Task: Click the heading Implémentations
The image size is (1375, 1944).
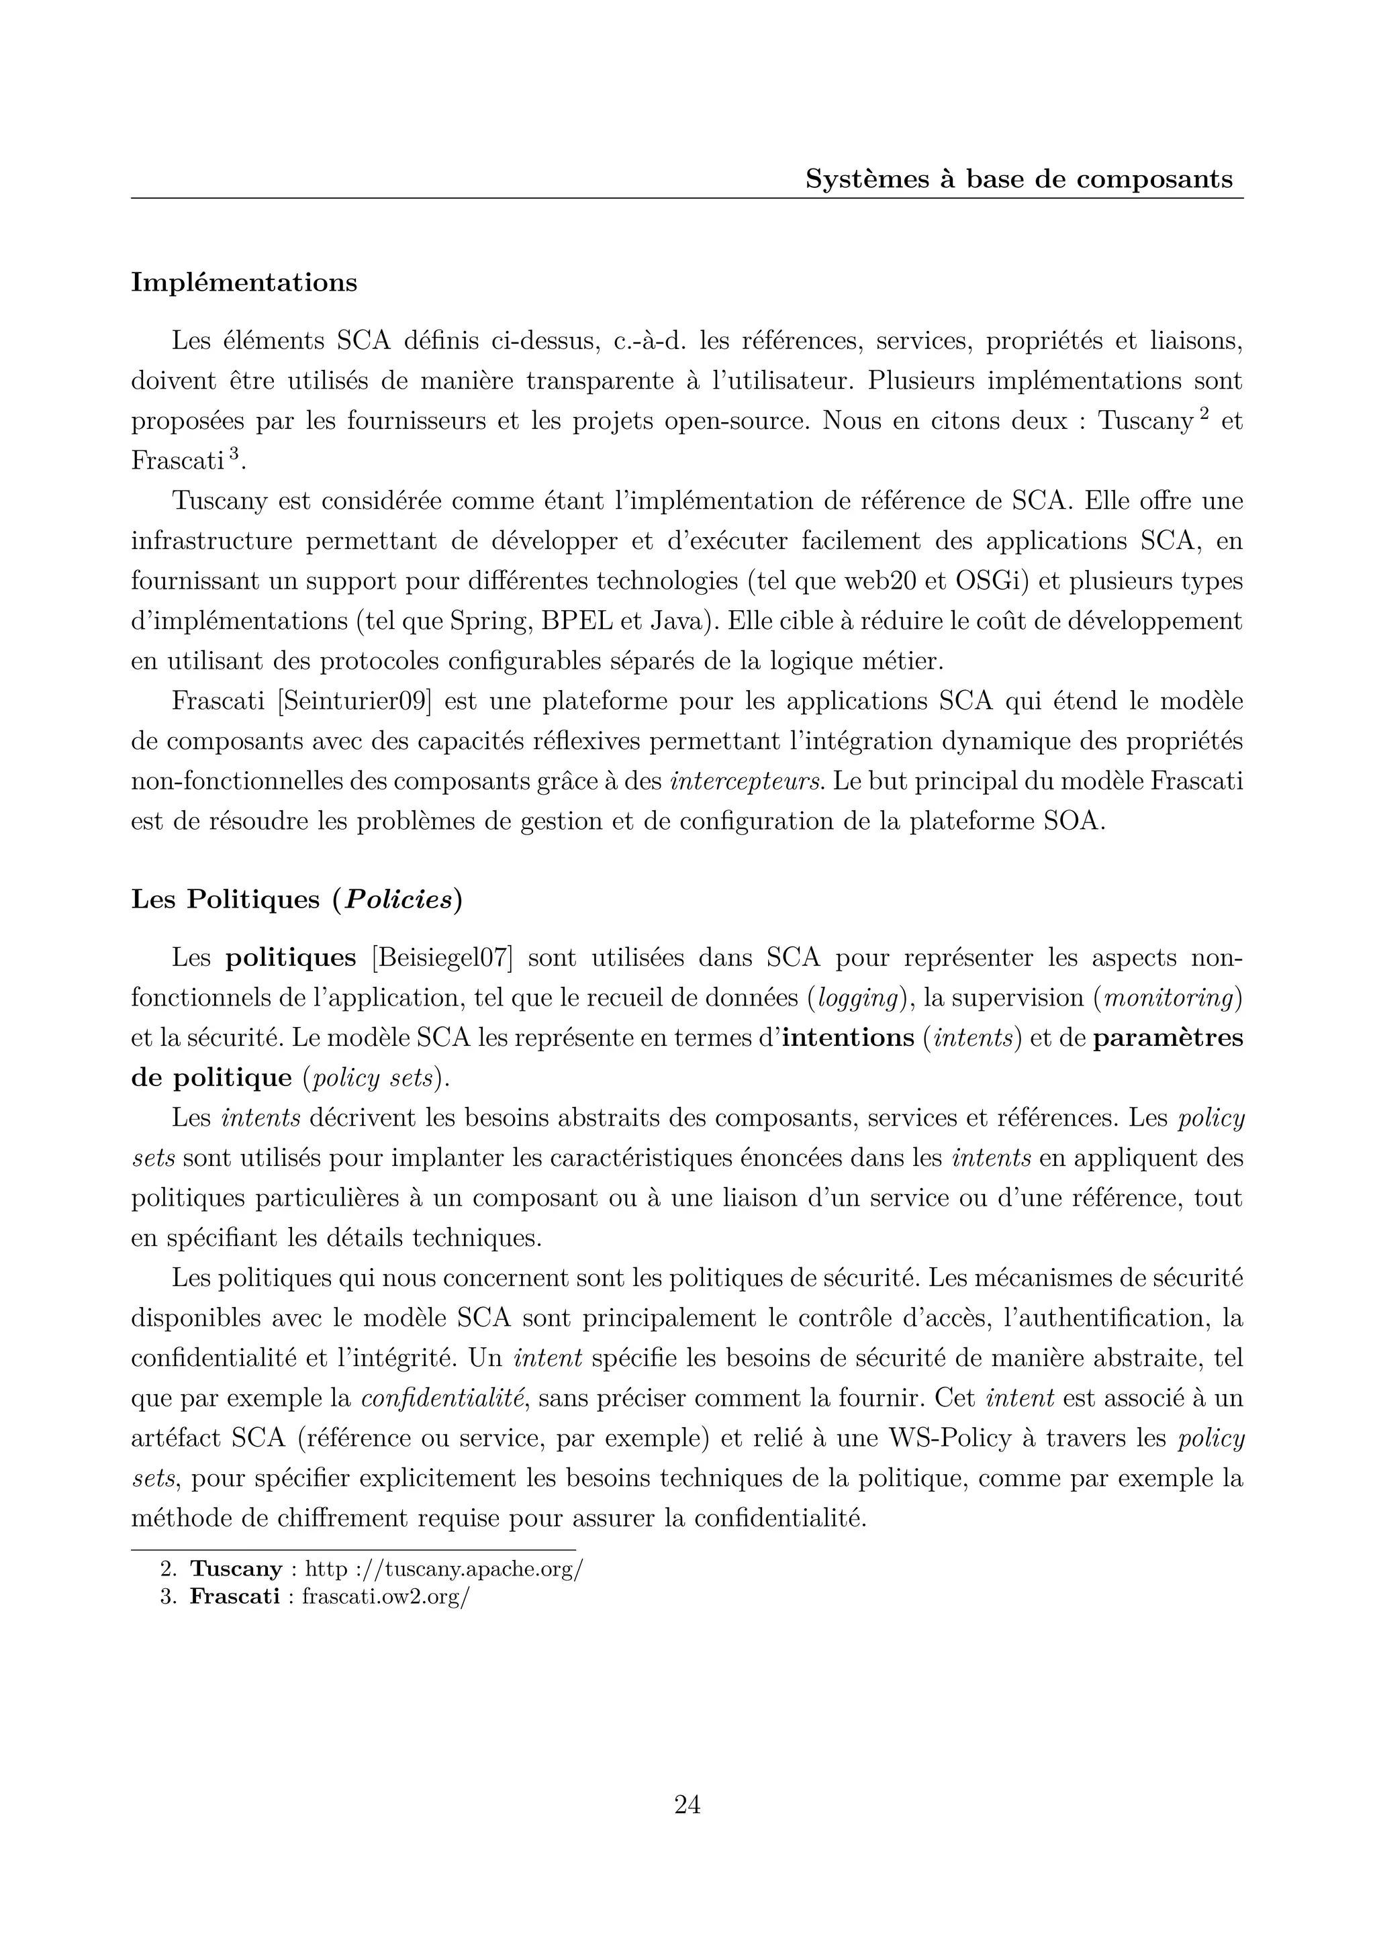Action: [244, 283]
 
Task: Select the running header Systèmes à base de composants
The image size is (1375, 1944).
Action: [1018, 179]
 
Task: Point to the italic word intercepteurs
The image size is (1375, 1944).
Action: [746, 781]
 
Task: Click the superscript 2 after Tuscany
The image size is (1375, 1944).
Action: [1202, 414]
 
